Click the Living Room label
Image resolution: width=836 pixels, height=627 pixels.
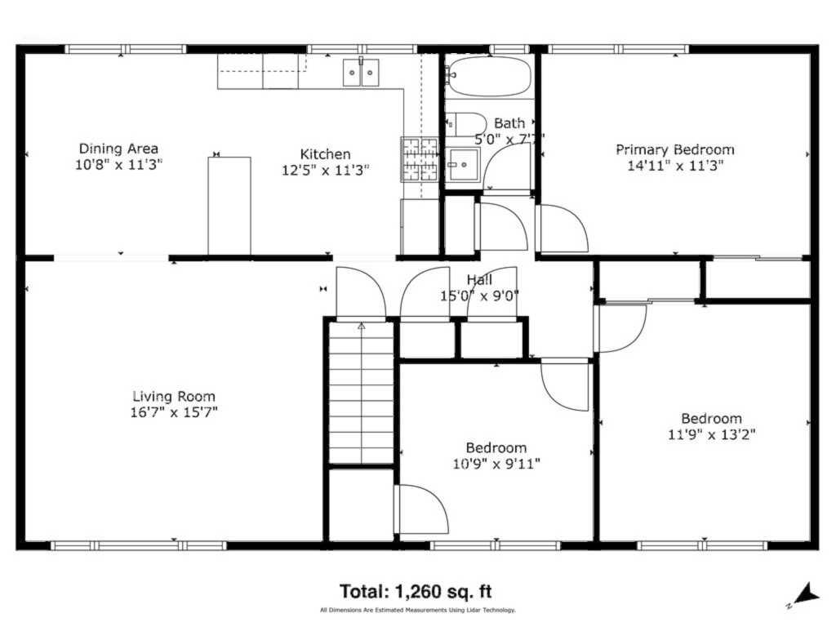[x=174, y=396]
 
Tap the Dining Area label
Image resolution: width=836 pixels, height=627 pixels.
[x=118, y=149]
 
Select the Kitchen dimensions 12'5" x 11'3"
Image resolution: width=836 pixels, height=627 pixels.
[x=325, y=170]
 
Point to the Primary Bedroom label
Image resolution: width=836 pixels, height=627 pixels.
[x=675, y=149]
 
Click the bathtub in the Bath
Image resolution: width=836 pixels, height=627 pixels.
[x=490, y=76]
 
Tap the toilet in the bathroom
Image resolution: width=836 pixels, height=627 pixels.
[x=465, y=124]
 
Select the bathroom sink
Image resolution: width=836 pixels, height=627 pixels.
[x=463, y=164]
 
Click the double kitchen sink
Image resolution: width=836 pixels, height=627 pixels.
[x=361, y=73]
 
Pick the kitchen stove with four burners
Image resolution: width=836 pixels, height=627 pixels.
[x=420, y=159]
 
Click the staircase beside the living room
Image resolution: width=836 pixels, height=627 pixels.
[x=362, y=393]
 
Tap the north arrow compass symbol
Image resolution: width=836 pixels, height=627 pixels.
[x=803, y=595]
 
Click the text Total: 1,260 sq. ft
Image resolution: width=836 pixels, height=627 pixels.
[x=416, y=591]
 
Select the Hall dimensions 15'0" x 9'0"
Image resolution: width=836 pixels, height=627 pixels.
[x=479, y=296]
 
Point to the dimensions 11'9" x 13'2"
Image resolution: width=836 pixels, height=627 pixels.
[x=711, y=434]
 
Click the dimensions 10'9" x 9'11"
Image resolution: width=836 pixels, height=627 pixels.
[x=496, y=464]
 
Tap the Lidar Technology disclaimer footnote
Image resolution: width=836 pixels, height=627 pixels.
[x=418, y=610]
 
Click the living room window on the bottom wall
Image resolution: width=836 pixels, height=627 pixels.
[x=139, y=545]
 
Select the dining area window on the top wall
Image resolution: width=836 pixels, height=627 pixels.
[x=126, y=49]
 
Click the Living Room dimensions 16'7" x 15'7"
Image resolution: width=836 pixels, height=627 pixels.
[x=174, y=412]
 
